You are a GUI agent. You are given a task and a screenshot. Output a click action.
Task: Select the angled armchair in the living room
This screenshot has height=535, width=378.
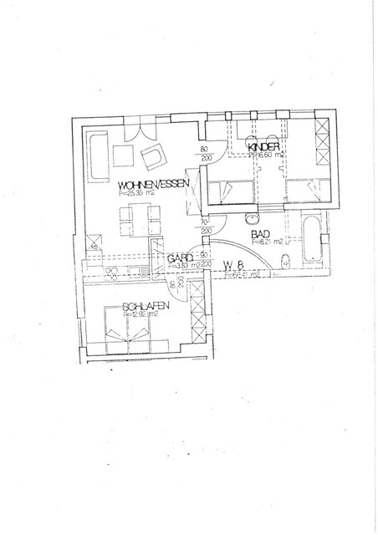pyautogui.click(x=155, y=156)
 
